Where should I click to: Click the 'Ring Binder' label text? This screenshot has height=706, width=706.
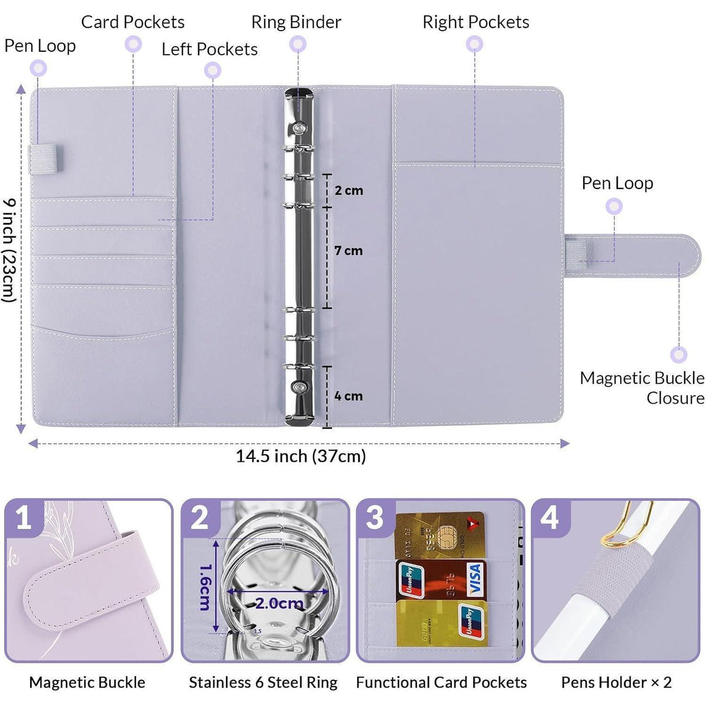(296, 22)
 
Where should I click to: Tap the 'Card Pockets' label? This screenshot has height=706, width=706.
(132, 22)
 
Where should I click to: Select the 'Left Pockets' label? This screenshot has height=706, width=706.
(209, 49)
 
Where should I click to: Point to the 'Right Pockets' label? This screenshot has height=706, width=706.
(476, 22)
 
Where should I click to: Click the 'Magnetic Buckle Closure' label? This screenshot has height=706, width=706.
(642, 388)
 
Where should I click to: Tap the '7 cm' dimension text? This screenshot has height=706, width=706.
(348, 251)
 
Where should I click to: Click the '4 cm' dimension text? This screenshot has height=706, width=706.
(348, 396)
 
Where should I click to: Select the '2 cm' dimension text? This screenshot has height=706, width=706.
(349, 190)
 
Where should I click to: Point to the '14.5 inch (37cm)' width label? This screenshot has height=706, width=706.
(301, 456)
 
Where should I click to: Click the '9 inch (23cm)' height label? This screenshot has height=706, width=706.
(9, 251)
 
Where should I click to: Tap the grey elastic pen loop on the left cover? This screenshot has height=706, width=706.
(46, 159)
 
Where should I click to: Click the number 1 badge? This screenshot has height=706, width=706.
(24, 518)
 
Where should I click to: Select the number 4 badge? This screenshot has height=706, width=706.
(550, 518)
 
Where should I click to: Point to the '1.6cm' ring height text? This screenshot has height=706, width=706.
(205, 588)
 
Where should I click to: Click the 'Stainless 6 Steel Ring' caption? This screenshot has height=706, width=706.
(263, 682)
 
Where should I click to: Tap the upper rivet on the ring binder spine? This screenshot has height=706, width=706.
(299, 128)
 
